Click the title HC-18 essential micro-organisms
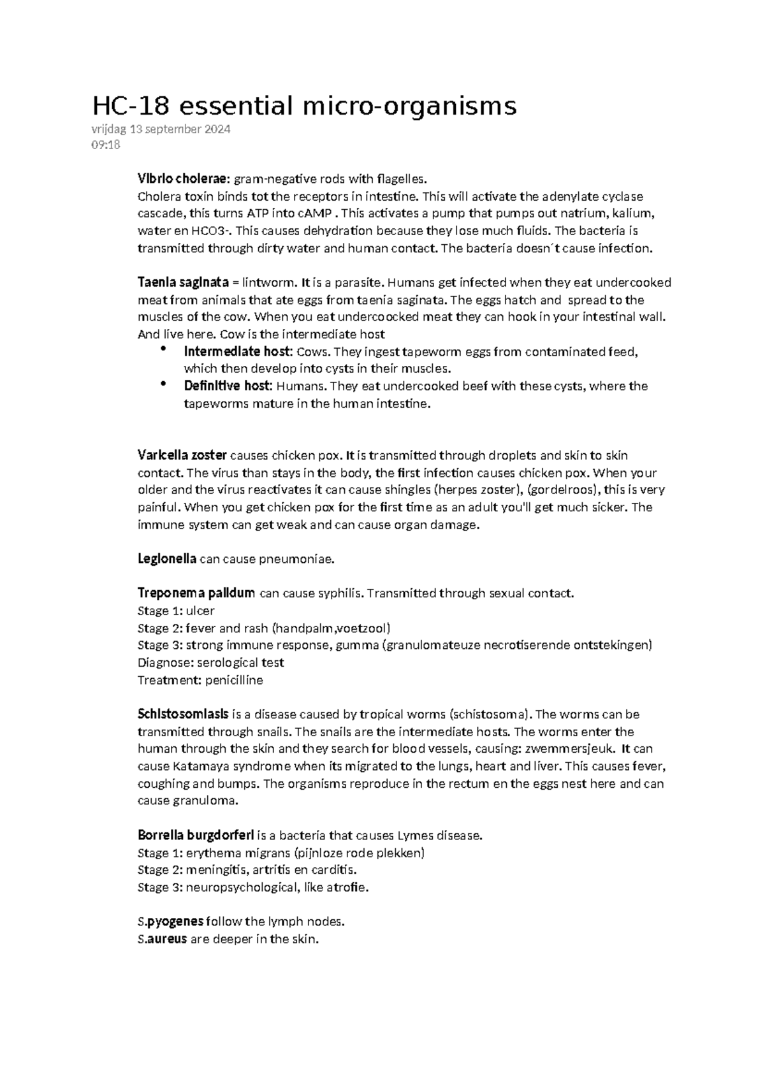click(x=304, y=106)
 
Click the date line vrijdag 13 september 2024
click(x=161, y=129)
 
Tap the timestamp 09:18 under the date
click(x=106, y=145)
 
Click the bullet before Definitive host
click(x=164, y=384)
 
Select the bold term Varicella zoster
click(x=182, y=455)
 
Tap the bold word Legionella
click(x=167, y=559)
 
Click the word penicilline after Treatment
click(x=234, y=680)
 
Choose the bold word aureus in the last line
click(x=167, y=939)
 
